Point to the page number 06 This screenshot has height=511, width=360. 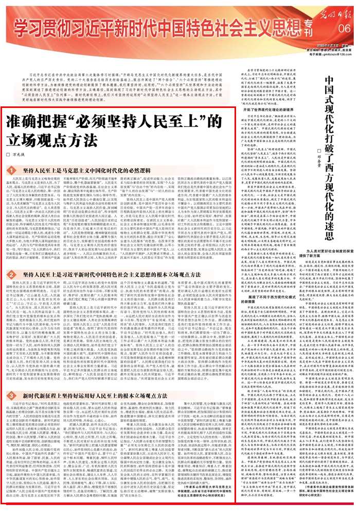click(x=344, y=27)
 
